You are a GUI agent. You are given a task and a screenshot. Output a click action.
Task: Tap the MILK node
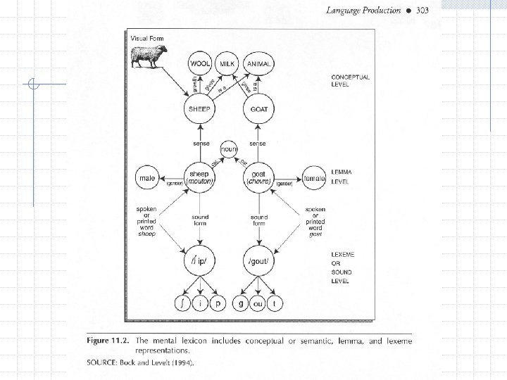click(227, 63)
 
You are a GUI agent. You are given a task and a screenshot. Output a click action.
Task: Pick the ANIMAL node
click(258, 63)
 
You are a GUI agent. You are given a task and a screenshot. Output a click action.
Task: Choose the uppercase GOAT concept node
click(258, 110)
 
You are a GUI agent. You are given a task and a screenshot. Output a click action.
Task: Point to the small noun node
click(230, 149)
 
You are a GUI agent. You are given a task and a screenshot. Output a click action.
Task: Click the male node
click(148, 179)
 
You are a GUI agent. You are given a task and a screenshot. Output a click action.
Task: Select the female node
click(314, 179)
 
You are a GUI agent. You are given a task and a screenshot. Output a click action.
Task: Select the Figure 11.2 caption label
click(107, 341)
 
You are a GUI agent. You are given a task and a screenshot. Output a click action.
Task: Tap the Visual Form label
click(146, 37)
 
